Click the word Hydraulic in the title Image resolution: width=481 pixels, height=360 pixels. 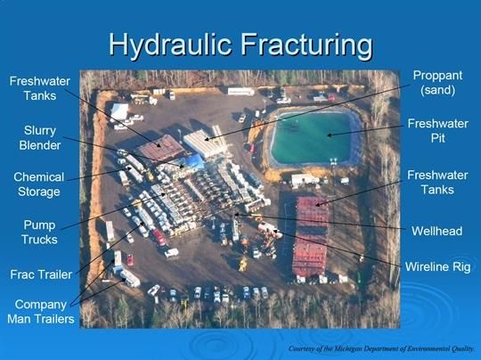pos(170,45)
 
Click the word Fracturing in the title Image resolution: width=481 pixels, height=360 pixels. pos(306,45)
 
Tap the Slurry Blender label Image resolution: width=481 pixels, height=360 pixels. pos(40,138)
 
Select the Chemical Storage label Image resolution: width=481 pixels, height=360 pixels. pos(39,184)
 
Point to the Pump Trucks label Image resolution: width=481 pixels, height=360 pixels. pos(39,233)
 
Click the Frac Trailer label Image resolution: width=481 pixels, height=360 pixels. pos(41,274)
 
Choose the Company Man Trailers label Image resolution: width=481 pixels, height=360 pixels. pos(41,312)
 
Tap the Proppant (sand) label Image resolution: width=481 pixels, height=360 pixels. pos(437,83)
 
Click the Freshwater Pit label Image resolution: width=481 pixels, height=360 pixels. pos(437,131)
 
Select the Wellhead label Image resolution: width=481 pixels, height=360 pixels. pos(436,231)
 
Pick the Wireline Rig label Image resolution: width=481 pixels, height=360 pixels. pos(437,267)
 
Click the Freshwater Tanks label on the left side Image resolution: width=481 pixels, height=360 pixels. pos(40,88)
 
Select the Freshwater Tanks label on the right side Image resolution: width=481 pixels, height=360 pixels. pos(437,183)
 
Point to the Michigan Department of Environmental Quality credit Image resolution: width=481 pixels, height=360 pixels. pos(381,348)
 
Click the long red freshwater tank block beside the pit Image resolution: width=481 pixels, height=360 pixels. pos(311,236)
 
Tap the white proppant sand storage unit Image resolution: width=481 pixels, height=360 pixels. pos(204,143)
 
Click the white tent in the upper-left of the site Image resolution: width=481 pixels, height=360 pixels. pos(119,111)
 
